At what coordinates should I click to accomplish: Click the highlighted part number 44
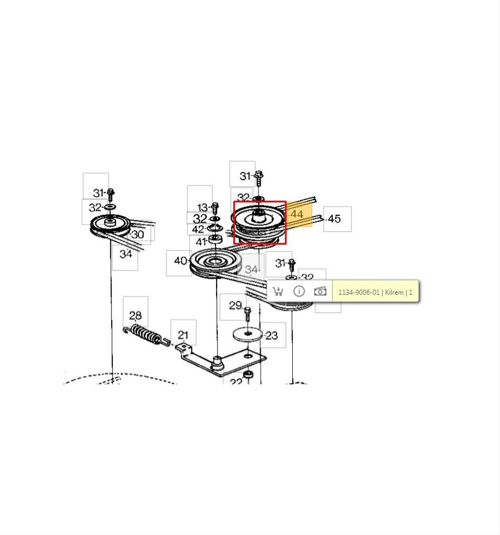pyautogui.click(x=296, y=214)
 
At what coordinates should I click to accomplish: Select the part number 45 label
pyautogui.click(x=334, y=219)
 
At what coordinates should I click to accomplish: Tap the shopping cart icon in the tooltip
pyautogui.click(x=278, y=292)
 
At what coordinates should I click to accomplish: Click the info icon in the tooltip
pyautogui.click(x=299, y=291)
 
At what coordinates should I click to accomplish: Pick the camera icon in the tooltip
pyautogui.click(x=320, y=292)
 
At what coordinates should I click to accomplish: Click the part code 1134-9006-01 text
pyautogui.click(x=359, y=293)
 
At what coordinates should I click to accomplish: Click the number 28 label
pyautogui.click(x=135, y=315)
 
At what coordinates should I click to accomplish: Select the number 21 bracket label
pyautogui.click(x=183, y=335)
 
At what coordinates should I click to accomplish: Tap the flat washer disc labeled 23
pyautogui.click(x=247, y=333)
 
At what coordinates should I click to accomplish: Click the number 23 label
pyautogui.click(x=271, y=336)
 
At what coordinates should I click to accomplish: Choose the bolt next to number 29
pyautogui.click(x=248, y=313)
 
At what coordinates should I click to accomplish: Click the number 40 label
pyautogui.click(x=181, y=261)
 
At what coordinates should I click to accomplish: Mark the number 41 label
pyautogui.click(x=201, y=241)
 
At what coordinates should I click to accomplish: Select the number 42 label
pyautogui.click(x=198, y=229)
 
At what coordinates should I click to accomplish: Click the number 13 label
pyautogui.click(x=203, y=207)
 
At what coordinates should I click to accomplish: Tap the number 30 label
pyautogui.click(x=138, y=235)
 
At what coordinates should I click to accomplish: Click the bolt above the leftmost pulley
pyautogui.click(x=111, y=195)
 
